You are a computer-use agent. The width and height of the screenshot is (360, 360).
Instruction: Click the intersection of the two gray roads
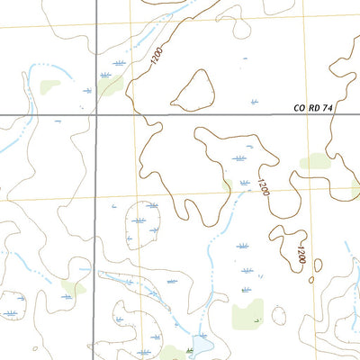tap(94, 114)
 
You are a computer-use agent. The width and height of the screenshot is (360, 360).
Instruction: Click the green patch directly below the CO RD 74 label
tap(315, 161)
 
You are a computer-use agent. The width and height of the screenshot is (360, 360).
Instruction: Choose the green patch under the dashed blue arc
tap(49, 87)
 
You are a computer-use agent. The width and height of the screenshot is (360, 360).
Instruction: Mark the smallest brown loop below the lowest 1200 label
tap(311, 279)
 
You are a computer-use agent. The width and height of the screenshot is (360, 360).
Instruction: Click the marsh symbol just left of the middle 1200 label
tap(240, 157)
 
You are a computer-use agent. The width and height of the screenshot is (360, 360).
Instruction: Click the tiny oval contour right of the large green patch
tap(278, 314)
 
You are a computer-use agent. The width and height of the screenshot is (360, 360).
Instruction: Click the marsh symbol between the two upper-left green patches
tap(87, 90)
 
